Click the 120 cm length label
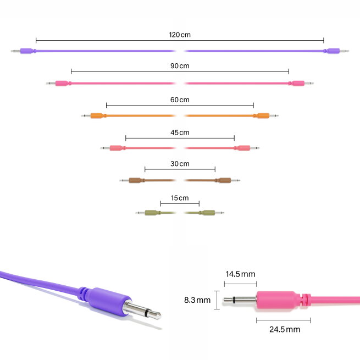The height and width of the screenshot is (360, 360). point(180,35)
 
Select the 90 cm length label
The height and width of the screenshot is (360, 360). point(180,66)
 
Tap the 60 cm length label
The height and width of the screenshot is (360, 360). point(180,99)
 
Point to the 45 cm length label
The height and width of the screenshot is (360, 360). point(180,132)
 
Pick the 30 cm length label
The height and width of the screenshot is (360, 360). point(180,164)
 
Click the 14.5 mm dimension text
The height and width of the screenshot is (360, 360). point(240,274)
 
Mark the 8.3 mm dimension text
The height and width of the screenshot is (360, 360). point(197,300)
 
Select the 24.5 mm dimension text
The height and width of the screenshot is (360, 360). point(285,329)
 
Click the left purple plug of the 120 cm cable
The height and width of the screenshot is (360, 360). point(26,51)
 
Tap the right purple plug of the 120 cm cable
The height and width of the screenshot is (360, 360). point(331,51)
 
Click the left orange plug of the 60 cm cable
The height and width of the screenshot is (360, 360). point(97,116)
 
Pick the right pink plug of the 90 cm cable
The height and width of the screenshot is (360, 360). point(297,84)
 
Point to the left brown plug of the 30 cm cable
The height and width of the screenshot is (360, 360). point(135,180)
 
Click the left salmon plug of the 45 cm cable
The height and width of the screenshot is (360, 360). point(115,148)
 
